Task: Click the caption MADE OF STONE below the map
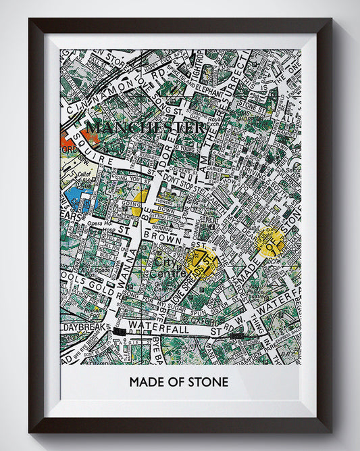(x=179, y=382)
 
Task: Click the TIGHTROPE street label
(x=196, y=61)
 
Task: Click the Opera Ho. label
(x=98, y=223)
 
